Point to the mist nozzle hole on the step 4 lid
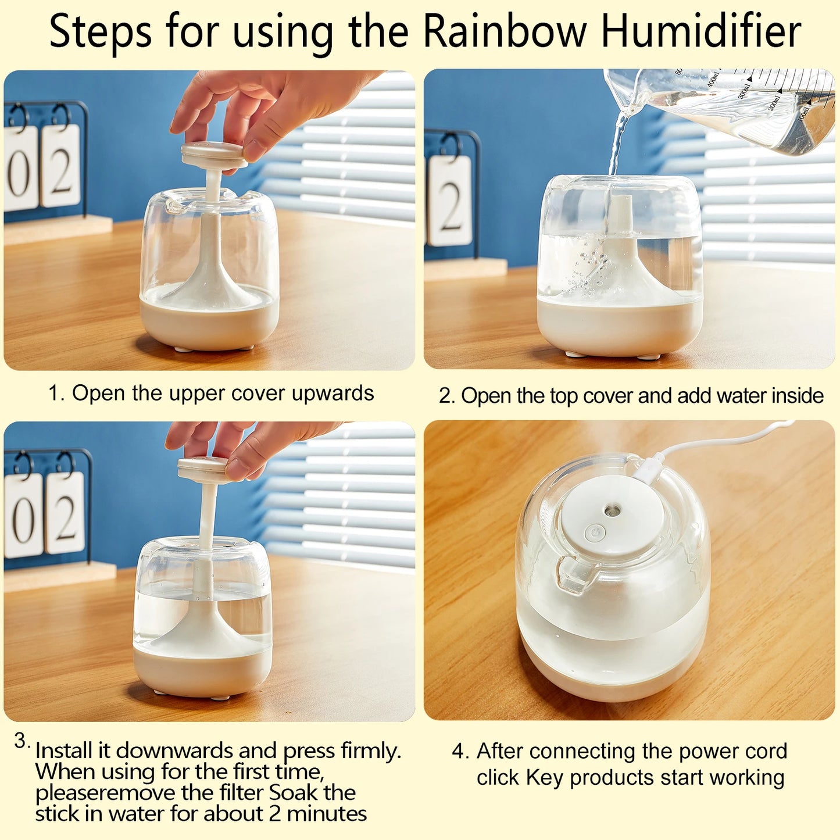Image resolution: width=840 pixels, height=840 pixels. (x=611, y=510)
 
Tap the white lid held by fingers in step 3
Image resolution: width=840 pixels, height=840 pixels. (x=203, y=469)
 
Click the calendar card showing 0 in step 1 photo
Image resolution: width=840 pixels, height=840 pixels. (x=20, y=168)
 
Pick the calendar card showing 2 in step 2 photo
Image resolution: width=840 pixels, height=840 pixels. (x=450, y=201)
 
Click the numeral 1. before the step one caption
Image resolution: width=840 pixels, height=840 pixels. (x=56, y=394)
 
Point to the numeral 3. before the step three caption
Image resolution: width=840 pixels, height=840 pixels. (x=22, y=742)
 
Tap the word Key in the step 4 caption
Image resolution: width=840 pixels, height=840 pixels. (x=545, y=777)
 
